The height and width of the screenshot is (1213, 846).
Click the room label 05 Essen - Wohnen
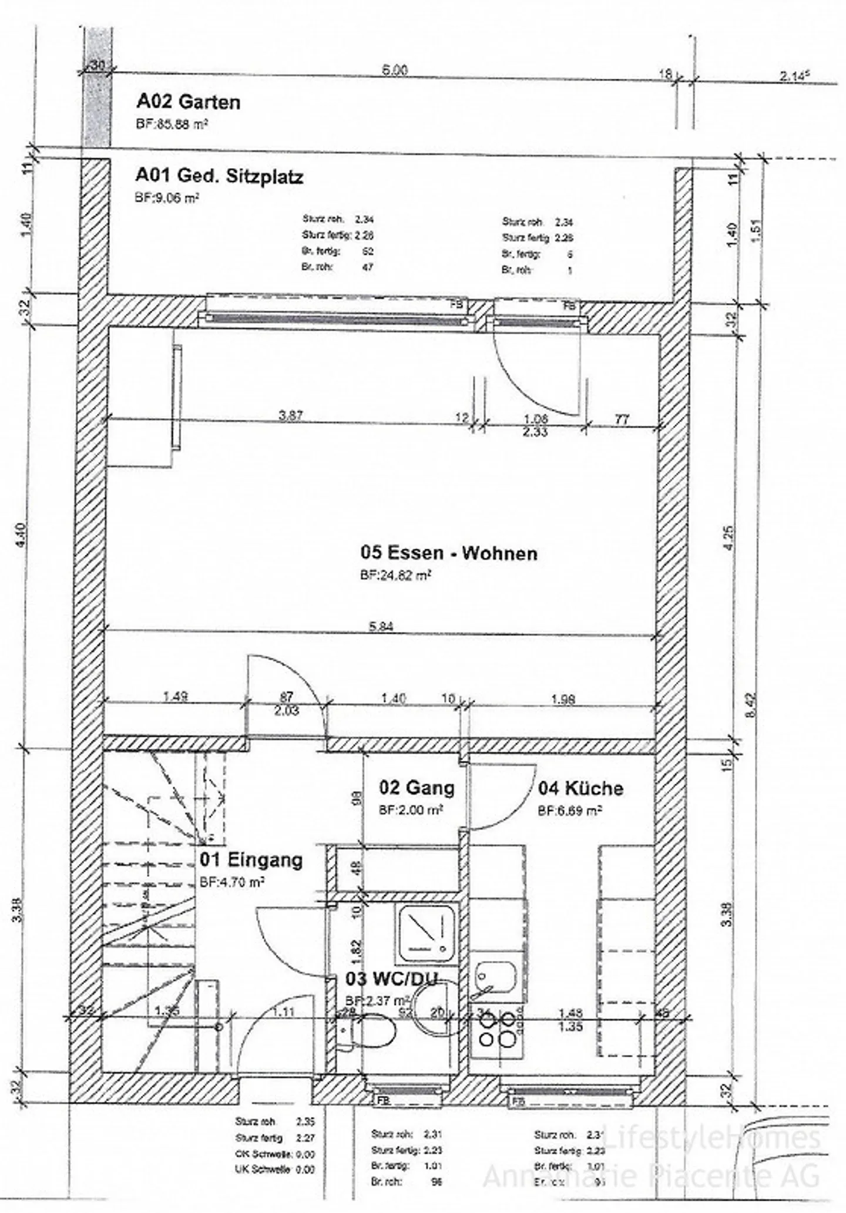click(448, 553)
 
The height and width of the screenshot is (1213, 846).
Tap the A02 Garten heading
click(188, 102)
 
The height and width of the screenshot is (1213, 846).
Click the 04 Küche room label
click(580, 788)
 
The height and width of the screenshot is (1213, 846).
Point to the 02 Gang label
click(417, 787)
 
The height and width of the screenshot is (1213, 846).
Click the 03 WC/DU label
click(391, 979)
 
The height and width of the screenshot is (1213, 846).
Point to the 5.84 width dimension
click(381, 626)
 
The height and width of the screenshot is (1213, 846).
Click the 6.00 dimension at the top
click(395, 70)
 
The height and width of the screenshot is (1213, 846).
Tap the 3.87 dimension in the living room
click(290, 415)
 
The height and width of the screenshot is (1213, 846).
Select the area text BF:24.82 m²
click(395, 576)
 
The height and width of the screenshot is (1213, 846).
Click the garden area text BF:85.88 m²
click(172, 124)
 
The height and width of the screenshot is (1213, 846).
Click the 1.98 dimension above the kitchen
click(563, 699)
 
